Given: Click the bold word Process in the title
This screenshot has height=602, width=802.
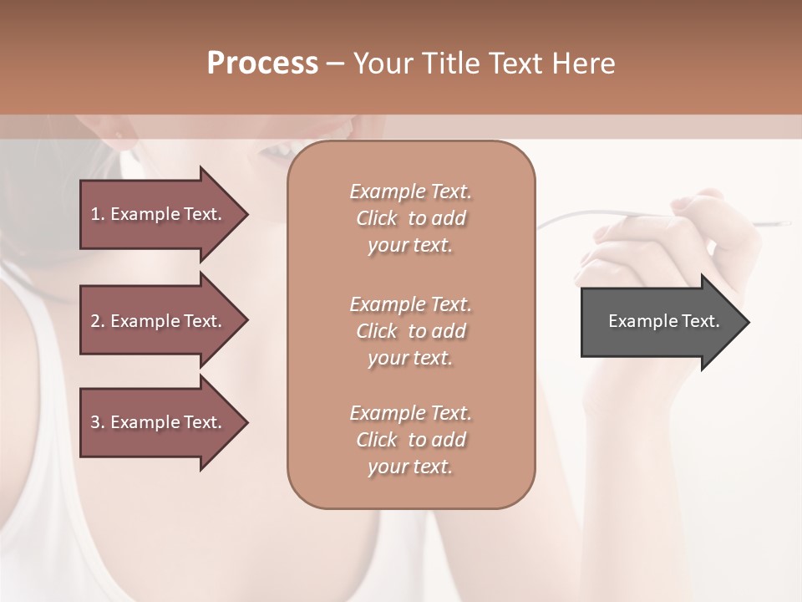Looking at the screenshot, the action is (262, 64).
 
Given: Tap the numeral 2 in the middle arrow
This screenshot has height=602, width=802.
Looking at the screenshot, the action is (94, 321).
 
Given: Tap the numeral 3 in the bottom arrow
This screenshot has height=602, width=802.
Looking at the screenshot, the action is (94, 422).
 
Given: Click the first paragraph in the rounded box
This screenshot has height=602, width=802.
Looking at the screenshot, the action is (410, 218).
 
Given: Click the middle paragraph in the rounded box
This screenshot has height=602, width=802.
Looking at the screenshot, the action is (410, 331).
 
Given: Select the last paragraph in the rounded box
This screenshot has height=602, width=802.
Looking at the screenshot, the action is (410, 440).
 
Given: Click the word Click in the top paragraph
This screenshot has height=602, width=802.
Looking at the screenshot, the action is (377, 218).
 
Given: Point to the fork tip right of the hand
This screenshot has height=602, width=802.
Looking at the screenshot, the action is (781, 223).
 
